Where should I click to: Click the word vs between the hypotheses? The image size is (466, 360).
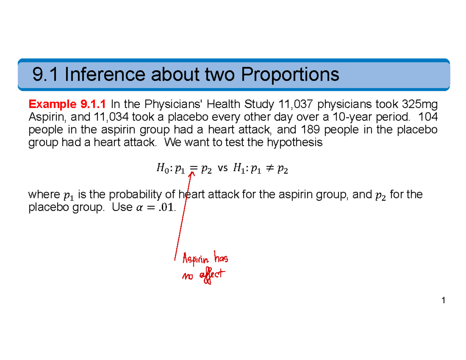point(223,169)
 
